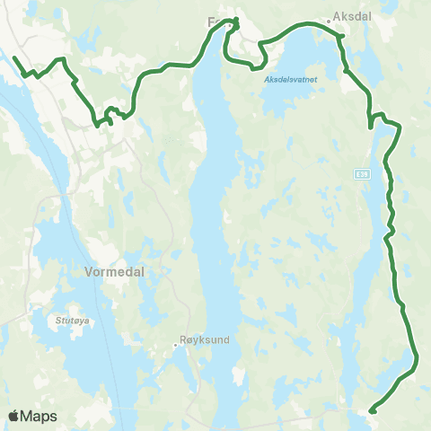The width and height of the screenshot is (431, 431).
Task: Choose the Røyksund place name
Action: tap(205, 342)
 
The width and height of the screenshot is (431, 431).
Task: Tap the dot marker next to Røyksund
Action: tap(177, 342)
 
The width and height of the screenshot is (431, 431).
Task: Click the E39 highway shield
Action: tap(360, 173)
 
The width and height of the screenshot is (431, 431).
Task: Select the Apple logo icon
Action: tap(14, 416)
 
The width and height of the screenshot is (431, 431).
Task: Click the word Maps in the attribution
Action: tap(40, 416)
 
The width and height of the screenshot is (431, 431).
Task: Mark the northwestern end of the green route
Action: tap(14, 57)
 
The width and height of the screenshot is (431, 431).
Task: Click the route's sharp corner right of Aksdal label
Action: tap(342, 36)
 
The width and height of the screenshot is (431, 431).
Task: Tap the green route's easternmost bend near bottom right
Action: tap(418, 359)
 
